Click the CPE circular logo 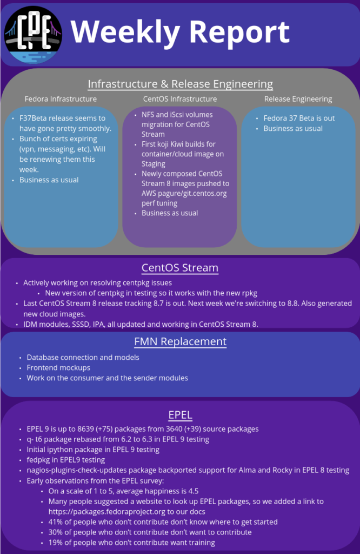(33, 35)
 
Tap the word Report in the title (239, 32)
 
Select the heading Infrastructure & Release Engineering (181, 84)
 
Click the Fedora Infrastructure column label (61, 99)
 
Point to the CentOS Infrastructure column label (180, 99)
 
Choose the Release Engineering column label (298, 100)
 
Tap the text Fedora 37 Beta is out (299, 118)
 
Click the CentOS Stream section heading (180, 268)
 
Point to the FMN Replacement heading (181, 342)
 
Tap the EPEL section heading (181, 415)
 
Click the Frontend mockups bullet (58, 368)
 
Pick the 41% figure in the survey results (56, 522)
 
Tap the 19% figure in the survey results (56, 542)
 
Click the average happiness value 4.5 (194, 491)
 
